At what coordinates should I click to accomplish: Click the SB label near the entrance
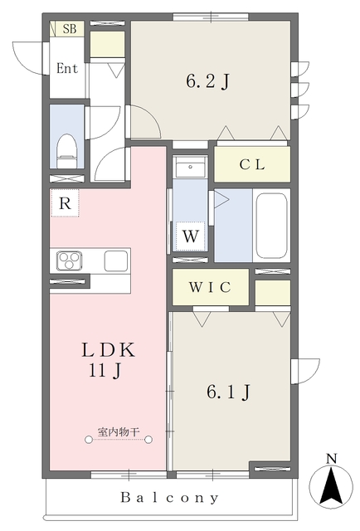coord(70,29)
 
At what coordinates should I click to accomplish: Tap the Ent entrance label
coord(67,68)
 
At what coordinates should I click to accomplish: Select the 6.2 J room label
coord(208,81)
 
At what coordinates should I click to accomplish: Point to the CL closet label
coord(252,164)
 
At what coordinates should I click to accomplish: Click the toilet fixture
coord(66,151)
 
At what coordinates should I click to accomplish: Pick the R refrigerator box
coord(65,203)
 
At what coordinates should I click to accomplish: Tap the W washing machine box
coord(190,236)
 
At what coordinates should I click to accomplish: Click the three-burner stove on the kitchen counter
coord(70,261)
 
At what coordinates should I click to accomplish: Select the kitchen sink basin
coord(116,261)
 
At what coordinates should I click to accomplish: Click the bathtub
coord(272,226)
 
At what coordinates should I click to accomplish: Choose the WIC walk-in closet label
coord(210,287)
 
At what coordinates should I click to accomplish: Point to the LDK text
coord(108,350)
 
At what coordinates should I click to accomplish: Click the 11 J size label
coord(105,371)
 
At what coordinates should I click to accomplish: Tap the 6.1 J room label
coord(229,392)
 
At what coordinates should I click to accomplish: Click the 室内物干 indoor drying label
coord(119,431)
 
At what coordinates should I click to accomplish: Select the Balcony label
coord(170,498)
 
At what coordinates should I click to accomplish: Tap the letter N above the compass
coord(332,459)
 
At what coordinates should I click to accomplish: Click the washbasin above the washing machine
coord(190,168)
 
